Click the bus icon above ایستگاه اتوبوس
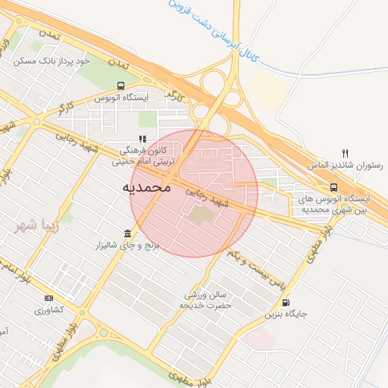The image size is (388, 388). tap(120, 86)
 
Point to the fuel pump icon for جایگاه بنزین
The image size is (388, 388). tap(285, 302)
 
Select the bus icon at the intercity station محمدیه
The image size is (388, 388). tap(333, 186)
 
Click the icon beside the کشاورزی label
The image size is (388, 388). tap(49, 298)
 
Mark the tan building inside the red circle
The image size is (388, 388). tap(202, 216)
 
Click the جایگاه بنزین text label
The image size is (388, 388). tap(285, 314)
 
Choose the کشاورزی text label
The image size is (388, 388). tap(49, 310)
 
